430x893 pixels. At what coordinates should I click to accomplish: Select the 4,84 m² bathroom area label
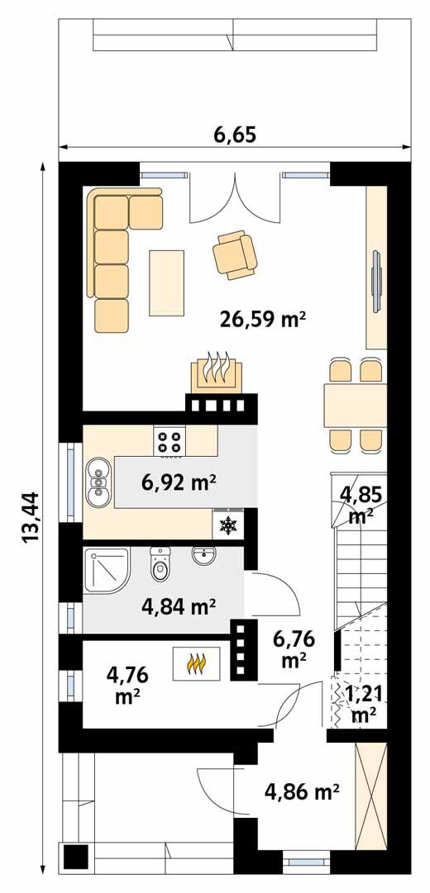click(x=179, y=607)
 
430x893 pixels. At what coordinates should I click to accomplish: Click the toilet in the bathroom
click(x=160, y=567)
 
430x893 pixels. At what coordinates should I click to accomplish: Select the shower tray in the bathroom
click(x=106, y=570)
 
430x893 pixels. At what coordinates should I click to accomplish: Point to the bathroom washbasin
click(x=203, y=557)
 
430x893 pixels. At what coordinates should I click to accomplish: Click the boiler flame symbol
click(x=197, y=663)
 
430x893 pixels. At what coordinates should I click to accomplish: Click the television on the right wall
click(x=376, y=281)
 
